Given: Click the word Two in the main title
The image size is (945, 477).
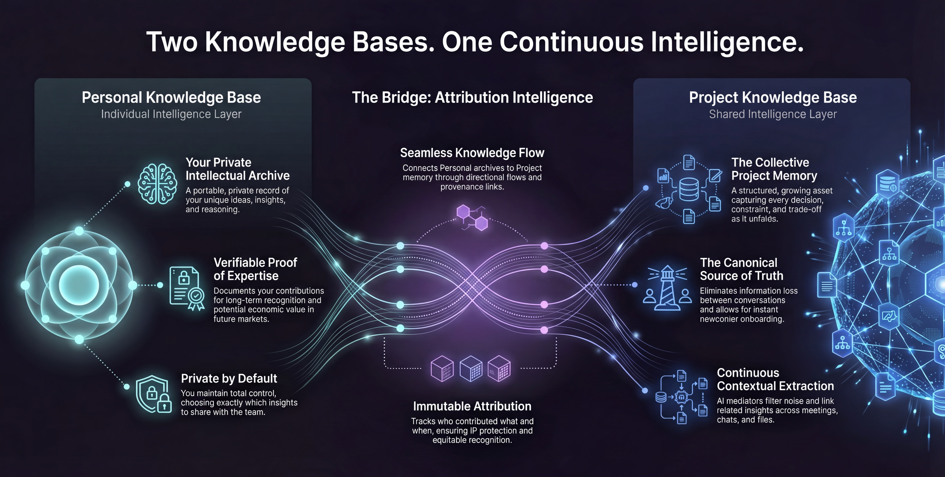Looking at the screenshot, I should [172, 41].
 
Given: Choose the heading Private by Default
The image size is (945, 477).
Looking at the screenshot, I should [229, 378].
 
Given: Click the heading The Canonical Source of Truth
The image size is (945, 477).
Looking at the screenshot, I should [741, 269].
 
